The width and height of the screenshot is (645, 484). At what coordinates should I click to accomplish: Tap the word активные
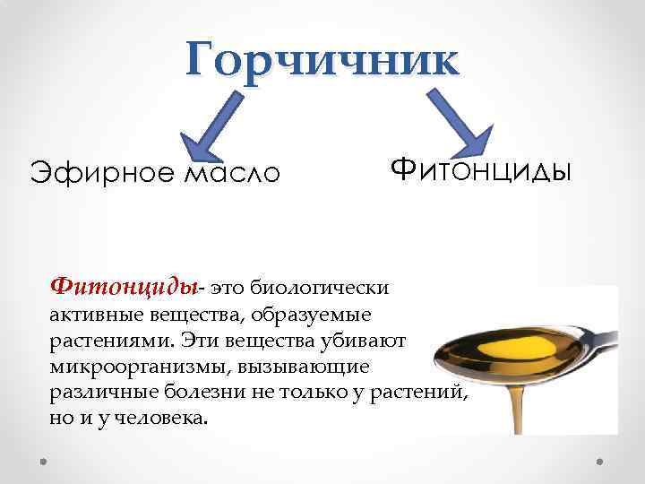pos(88,315)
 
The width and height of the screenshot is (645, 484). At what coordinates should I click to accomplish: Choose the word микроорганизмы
pos(134,367)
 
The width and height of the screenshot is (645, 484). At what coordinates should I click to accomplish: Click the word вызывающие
pos(322,367)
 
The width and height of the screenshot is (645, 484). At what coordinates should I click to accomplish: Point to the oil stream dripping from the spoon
pos(517,403)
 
